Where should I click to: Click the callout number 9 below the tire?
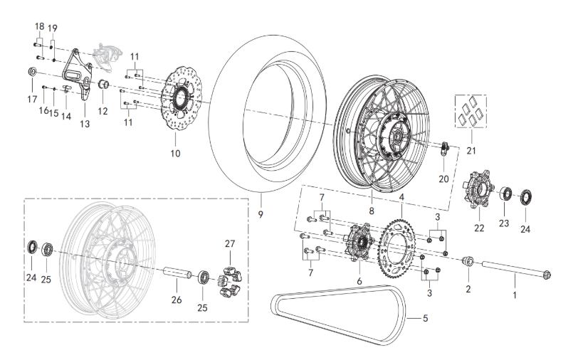coord(261,213)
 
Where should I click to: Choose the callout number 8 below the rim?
coord(371,211)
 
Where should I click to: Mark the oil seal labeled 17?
coord(32,73)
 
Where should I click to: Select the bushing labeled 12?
coord(103,87)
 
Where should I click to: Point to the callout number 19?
coord(53,28)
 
